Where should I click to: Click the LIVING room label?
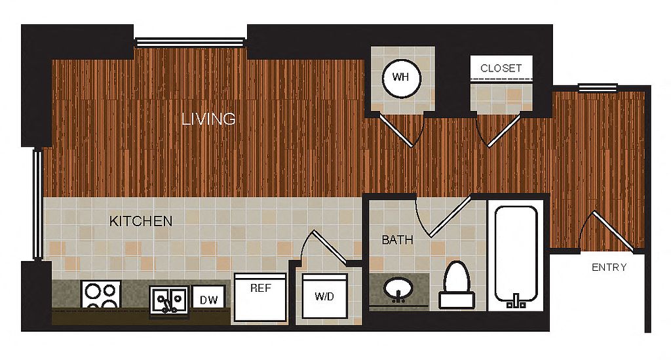pyautogui.click(x=208, y=119)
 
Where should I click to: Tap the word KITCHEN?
pyautogui.click(x=141, y=221)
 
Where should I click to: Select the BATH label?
pyautogui.click(x=397, y=240)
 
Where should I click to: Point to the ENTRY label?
pyautogui.click(x=609, y=268)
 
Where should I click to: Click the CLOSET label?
pyautogui.click(x=501, y=68)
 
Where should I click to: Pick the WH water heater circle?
pyautogui.click(x=402, y=77)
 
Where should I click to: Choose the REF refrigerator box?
pyautogui.click(x=260, y=298)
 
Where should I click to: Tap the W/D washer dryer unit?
pyautogui.click(x=324, y=296)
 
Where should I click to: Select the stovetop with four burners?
pyautogui.click(x=101, y=295)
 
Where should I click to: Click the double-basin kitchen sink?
pyautogui.click(x=168, y=301)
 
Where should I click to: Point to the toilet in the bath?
pyautogui.click(x=457, y=285)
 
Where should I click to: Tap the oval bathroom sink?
pyautogui.click(x=398, y=289)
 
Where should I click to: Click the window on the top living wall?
pyautogui.click(x=191, y=42)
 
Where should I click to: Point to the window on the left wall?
pyautogui.click(x=37, y=204)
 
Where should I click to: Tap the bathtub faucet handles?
pyautogui.click(x=516, y=302)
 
